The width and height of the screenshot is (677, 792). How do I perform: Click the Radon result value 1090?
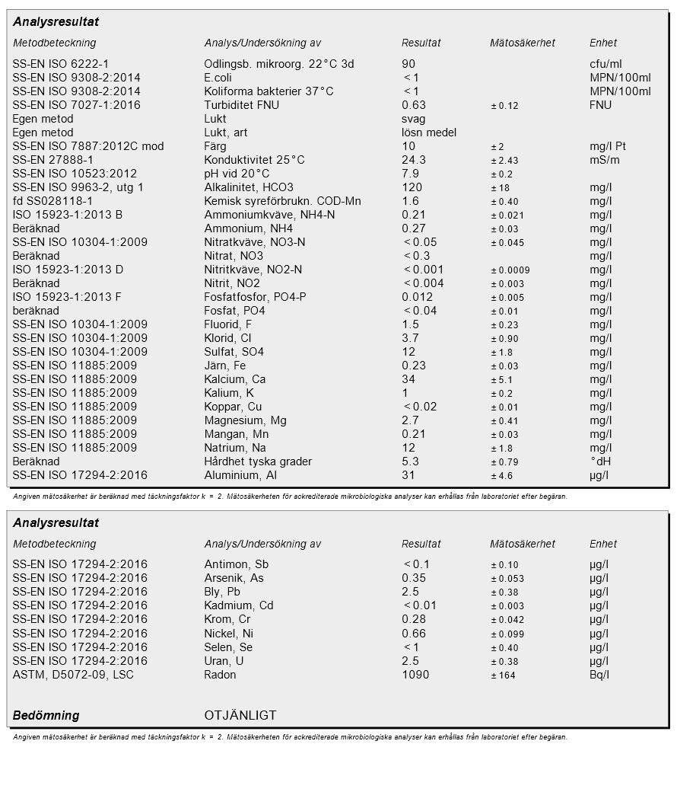pyautogui.click(x=415, y=675)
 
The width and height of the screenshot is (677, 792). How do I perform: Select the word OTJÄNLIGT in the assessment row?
pyautogui.click(x=240, y=716)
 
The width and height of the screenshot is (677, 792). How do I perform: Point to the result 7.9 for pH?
pyautogui.click(x=410, y=174)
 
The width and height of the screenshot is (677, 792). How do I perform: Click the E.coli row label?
pyautogui.click(x=218, y=78)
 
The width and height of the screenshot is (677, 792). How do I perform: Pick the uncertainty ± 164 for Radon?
pyautogui.click(x=503, y=675)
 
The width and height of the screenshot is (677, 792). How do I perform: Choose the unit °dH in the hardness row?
pyautogui.click(x=600, y=461)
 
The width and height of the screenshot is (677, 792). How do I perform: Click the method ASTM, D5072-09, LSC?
pyautogui.click(x=73, y=675)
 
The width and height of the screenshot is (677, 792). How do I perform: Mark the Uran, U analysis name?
pyautogui.click(x=224, y=661)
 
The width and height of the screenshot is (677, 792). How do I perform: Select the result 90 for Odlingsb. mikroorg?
pyautogui.click(x=408, y=64)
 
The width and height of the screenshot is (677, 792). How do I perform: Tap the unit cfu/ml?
pyautogui.click(x=605, y=64)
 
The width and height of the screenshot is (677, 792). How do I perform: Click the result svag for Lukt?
pyautogui.click(x=414, y=119)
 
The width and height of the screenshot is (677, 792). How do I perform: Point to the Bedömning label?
pyautogui.click(x=46, y=716)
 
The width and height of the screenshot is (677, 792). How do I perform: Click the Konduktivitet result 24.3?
pyautogui.click(x=414, y=160)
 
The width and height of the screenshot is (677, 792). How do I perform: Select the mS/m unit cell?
pyautogui.click(x=605, y=160)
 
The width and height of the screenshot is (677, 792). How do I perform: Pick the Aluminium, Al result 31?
pyautogui.click(x=408, y=475)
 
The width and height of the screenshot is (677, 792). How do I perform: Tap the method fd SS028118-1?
pyautogui.click(x=52, y=201)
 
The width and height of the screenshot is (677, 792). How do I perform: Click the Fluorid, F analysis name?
pyautogui.click(x=228, y=324)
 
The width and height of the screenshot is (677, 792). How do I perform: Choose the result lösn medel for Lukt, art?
pyautogui.click(x=429, y=133)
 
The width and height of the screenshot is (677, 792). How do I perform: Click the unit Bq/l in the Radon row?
pyautogui.click(x=599, y=675)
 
